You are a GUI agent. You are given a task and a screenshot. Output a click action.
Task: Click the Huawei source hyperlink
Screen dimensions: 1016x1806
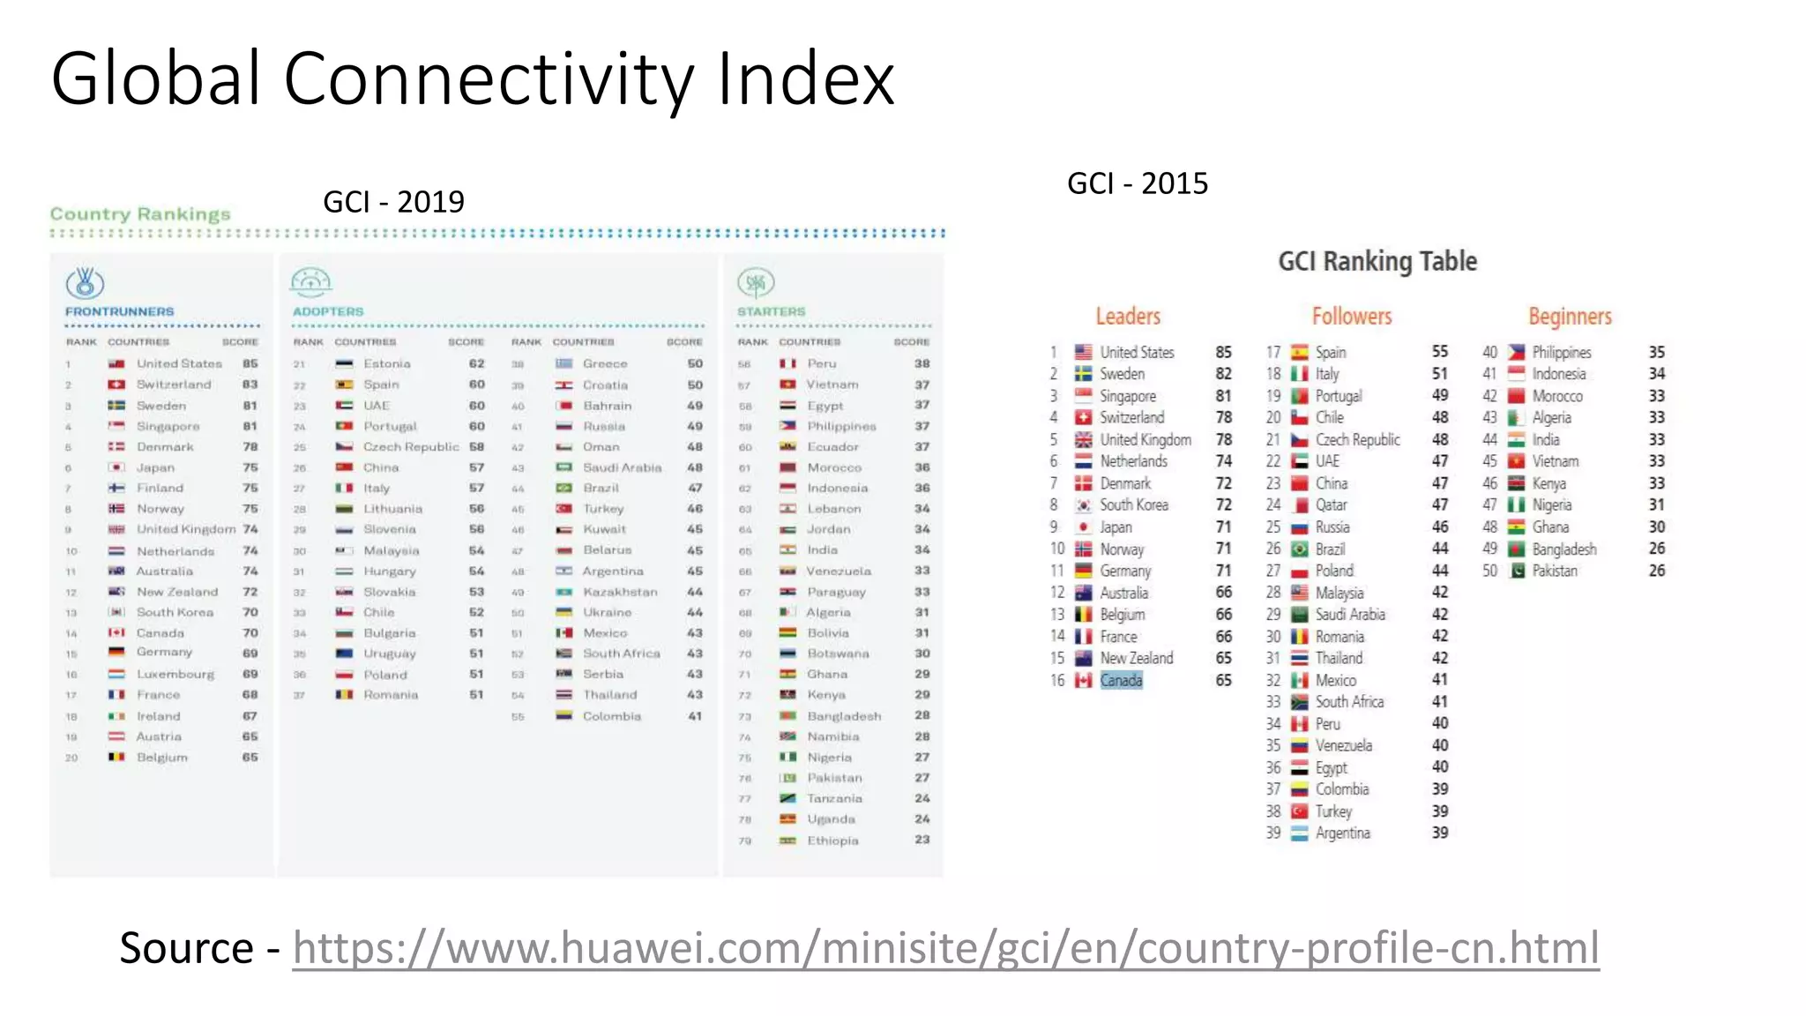point(945,949)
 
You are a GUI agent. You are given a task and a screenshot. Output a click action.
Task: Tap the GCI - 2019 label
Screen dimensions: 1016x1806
point(393,202)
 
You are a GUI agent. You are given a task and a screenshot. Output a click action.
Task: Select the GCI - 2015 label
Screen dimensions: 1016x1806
point(1137,183)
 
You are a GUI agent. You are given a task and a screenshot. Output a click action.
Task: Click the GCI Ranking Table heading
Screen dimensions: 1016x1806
point(1377,261)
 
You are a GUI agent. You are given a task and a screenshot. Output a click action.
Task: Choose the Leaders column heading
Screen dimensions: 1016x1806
point(1128,317)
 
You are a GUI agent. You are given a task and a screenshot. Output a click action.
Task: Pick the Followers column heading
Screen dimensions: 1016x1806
point(1351,317)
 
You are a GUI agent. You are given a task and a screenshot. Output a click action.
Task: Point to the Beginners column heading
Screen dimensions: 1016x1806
point(1570,317)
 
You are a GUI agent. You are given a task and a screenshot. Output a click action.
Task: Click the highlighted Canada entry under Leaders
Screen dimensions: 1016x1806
point(1121,680)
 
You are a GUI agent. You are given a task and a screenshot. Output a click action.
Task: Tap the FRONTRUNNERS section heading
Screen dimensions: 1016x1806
point(119,312)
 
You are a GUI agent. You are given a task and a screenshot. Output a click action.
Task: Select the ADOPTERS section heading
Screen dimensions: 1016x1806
point(328,312)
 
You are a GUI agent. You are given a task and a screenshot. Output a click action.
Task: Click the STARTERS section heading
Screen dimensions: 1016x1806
point(771,312)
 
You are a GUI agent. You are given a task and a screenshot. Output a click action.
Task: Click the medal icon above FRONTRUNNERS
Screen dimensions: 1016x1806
point(85,282)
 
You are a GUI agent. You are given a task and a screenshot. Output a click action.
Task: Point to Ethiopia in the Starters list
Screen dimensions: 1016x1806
point(832,840)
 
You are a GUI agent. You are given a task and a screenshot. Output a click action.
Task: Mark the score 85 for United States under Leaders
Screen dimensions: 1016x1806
point(1223,352)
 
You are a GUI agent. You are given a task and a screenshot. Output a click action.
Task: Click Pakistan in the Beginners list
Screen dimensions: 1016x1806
point(1555,571)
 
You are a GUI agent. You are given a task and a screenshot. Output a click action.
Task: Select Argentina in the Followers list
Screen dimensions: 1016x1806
point(1342,833)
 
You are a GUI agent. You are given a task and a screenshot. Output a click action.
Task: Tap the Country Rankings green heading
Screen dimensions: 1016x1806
point(140,214)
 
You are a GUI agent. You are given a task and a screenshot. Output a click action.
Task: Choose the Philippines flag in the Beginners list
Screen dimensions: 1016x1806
point(1516,352)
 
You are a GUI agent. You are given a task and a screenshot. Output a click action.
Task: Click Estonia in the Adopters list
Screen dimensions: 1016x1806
point(386,363)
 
